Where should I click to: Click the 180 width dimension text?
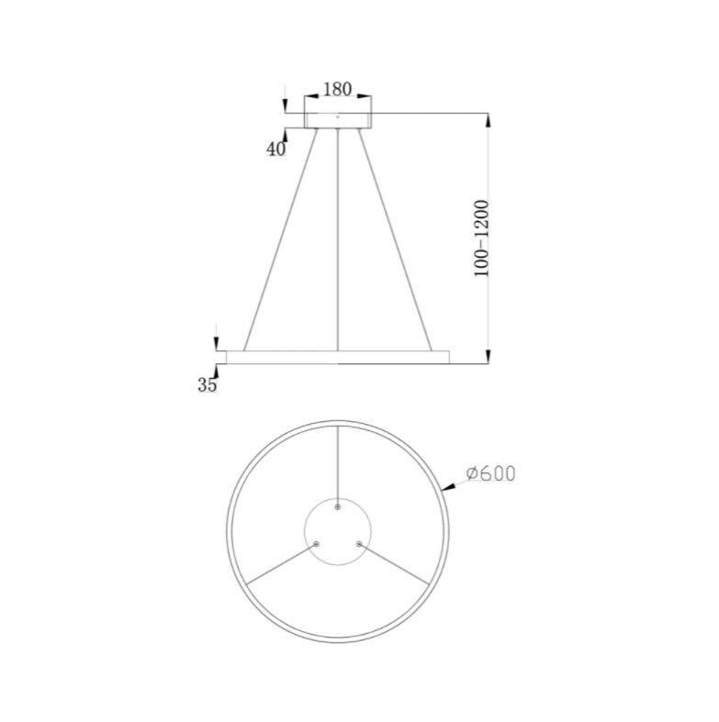point(338,90)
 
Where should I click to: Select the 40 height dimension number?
point(276,149)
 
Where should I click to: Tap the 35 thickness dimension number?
point(208,385)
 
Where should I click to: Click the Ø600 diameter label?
point(490,473)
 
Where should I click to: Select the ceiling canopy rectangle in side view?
point(338,119)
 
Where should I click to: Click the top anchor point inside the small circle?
point(338,507)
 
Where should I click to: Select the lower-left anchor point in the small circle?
point(317,544)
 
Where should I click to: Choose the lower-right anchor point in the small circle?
point(359,544)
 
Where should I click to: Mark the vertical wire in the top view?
point(338,463)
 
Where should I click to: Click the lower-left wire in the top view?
point(281,563)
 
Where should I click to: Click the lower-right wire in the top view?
point(395,563)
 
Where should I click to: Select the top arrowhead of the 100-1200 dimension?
point(488,120)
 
